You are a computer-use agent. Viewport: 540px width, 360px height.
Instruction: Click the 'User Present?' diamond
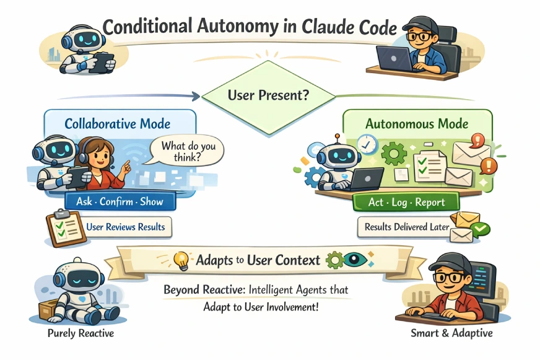[x=269, y=96]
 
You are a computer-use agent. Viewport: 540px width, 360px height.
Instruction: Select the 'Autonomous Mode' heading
[x=409, y=123]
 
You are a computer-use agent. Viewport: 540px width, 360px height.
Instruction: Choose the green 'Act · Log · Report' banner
[x=406, y=202]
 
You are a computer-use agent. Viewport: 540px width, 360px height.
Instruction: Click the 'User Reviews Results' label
[x=125, y=227]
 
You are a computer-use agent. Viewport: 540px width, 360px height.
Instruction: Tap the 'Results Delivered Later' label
[x=406, y=227]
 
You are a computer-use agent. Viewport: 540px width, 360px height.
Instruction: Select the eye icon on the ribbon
[x=355, y=259]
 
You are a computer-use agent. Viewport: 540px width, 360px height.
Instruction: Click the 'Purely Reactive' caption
[x=81, y=333]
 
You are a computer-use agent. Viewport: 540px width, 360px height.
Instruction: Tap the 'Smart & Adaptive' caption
[x=451, y=333]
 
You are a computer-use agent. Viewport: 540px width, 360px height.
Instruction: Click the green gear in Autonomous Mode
[x=394, y=153]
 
